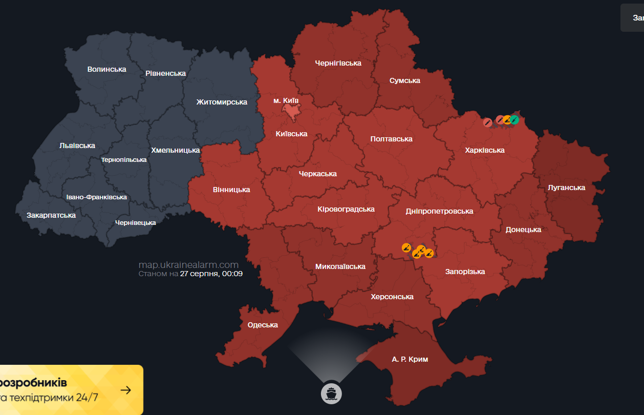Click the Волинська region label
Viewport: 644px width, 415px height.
[x=106, y=69]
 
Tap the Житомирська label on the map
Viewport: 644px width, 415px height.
[x=222, y=102]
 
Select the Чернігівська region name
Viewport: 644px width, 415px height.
[x=338, y=63]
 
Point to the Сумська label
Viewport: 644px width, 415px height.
[x=404, y=80]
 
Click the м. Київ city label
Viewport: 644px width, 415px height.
[x=286, y=100]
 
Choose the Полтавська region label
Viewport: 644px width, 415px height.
[x=391, y=139]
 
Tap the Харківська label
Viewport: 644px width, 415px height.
[x=484, y=150]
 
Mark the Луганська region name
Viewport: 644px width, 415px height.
[x=566, y=188]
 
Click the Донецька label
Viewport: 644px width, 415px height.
[x=523, y=230]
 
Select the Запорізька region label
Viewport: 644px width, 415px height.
[x=465, y=272]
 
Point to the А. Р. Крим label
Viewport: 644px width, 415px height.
[x=410, y=359]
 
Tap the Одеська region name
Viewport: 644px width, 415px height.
[x=263, y=325]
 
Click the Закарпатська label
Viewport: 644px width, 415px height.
[x=51, y=215]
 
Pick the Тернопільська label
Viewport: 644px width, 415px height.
[x=124, y=160]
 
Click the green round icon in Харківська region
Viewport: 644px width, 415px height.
[x=514, y=120]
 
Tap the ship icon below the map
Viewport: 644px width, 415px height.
[x=331, y=393]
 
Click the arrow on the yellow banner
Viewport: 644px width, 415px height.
[x=125, y=390]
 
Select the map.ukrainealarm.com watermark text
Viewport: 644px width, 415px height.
[x=188, y=265]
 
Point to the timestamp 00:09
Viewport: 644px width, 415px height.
[x=232, y=274]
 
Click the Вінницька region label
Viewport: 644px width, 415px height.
[x=231, y=190]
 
